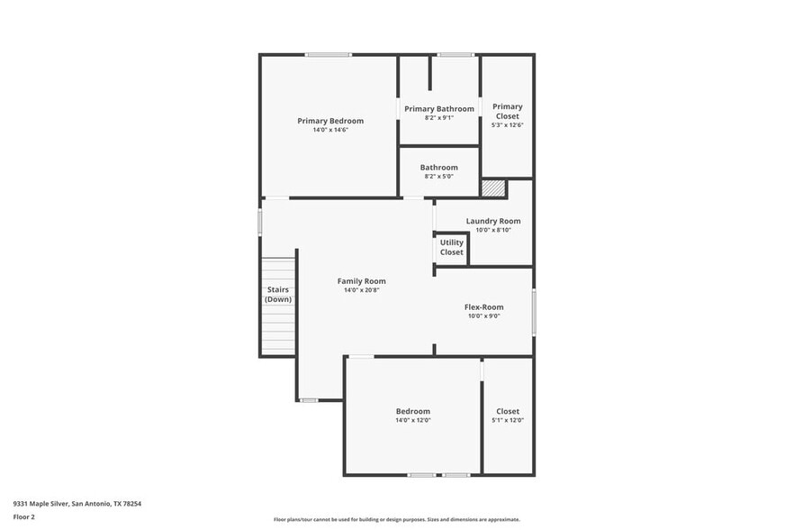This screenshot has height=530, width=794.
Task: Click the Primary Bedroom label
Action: pyautogui.click(x=330, y=121)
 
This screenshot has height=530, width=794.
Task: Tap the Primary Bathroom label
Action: pyautogui.click(x=438, y=109)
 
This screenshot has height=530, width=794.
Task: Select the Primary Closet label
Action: pyautogui.click(x=507, y=112)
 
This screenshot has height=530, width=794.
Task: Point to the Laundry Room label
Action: pyautogui.click(x=492, y=221)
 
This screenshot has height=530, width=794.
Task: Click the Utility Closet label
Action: pyautogui.click(x=451, y=247)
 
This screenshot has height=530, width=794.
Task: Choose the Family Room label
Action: pyautogui.click(x=361, y=281)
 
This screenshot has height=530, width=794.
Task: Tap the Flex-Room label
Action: pyautogui.click(x=483, y=306)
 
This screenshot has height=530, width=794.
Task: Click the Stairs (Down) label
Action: pyautogui.click(x=277, y=294)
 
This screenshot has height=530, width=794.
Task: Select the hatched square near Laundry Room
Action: pyautogui.click(x=492, y=188)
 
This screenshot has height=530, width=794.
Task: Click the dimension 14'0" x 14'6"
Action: pyautogui.click(x=330, y=131)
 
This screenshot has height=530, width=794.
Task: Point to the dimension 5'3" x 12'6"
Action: pyautogui.click(x=507, y=125)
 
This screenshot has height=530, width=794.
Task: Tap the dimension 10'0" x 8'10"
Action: pyautogui.click(x=492, y=231)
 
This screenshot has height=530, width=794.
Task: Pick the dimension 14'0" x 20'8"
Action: pyautogui.click(x=361, y=290)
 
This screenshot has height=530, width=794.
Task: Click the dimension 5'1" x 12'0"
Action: pyautogui.click(x=508, y=420)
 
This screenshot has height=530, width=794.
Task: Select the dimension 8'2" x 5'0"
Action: pyautogui.click(x=438, y=177)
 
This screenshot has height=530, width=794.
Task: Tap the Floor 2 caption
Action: pyautogui.click(x=23, y=517)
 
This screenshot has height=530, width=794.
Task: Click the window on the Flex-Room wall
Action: pyautogui.click(x=534, y=312)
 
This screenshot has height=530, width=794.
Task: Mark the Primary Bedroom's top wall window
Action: pyautogui.click(x=328, y=55)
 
